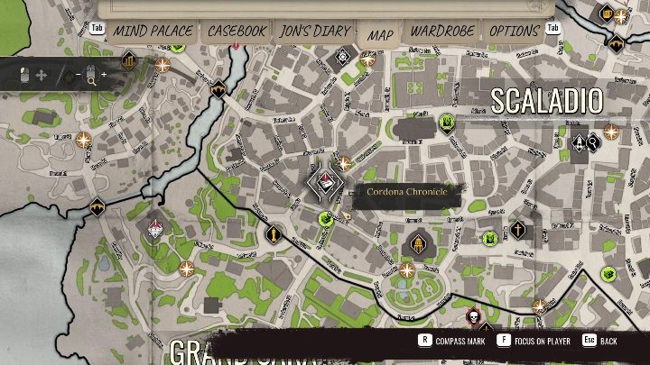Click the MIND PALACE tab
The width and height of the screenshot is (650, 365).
coord(153,32)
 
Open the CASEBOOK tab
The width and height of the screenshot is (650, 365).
coord(237,32)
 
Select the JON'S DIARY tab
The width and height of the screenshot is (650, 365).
coord(314,32)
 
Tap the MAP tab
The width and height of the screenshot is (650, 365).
coord(380,34)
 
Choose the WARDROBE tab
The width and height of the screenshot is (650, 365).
coord(441,32)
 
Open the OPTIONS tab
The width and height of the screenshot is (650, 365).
coord(514,32)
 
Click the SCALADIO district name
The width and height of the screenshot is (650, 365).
coord(546,101)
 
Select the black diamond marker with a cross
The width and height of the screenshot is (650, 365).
coord(517,230)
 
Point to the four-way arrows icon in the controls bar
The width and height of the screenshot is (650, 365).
coord(41,75)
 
